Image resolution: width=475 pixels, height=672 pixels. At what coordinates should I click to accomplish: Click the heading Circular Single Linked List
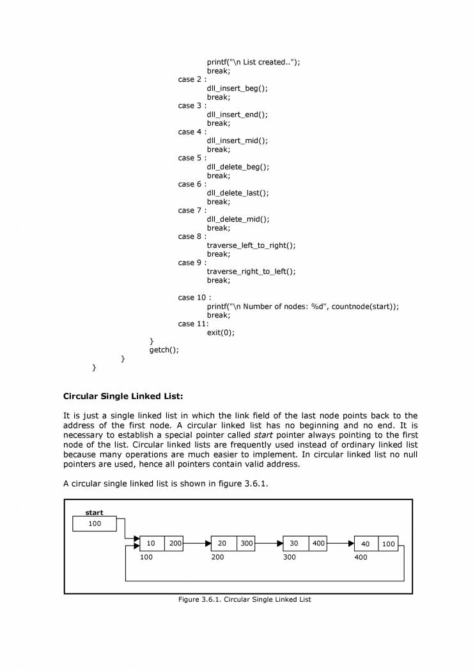[123, 396]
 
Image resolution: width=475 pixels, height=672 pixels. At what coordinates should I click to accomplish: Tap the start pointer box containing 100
[95, 524]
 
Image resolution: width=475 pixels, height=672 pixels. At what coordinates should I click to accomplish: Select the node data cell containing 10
[152, 544]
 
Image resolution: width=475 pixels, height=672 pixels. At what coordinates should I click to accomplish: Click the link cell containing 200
[175, 544]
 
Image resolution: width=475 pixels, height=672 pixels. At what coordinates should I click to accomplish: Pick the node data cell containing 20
[222, 544]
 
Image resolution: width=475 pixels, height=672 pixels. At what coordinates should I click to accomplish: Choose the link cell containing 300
[246, 544]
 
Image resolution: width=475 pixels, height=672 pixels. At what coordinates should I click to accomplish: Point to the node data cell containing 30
[294, 544]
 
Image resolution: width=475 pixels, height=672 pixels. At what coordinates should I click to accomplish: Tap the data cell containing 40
[365, 544]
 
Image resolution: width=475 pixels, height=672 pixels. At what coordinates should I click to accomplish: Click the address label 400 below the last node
[361, 558]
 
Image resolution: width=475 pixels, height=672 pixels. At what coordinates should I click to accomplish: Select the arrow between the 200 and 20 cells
[198, 544]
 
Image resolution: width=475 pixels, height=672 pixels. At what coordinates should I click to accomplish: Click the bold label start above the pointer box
[94, 513]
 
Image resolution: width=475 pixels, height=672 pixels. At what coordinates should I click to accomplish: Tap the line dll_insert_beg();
[237, 88]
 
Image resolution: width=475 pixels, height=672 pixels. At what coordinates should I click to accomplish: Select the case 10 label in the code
[194, 298]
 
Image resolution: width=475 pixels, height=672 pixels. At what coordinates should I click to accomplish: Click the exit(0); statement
[221, 332]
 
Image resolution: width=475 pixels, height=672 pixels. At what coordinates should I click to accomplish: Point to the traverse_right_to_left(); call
[251, 271]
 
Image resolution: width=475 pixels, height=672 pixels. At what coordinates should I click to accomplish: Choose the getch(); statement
[164, 349]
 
